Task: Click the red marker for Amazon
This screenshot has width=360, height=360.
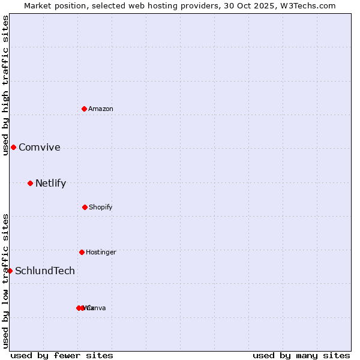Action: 85,109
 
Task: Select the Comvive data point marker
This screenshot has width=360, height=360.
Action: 13,147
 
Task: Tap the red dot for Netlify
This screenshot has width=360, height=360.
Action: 30,183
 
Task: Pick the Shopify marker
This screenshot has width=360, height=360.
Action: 85,207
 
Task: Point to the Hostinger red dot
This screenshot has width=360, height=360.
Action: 82,252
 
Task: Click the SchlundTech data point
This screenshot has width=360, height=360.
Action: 10,271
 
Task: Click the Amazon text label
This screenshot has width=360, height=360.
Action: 101,109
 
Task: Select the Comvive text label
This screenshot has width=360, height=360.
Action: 40,148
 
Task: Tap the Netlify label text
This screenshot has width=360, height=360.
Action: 50,184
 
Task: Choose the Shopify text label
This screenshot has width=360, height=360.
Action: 101,207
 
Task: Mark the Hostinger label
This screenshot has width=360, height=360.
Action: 101,252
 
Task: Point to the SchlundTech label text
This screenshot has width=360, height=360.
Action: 45,271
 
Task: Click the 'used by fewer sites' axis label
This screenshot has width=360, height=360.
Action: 62,355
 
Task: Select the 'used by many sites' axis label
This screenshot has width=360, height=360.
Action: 301,355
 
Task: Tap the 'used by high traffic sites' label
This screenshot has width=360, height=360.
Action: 5,86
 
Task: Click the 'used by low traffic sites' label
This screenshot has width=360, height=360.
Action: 5,281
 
